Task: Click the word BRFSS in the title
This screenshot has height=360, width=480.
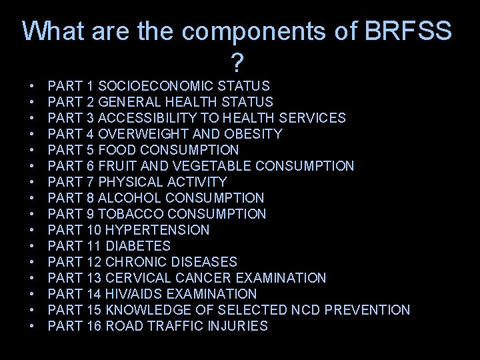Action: pyautogui.click(x=407, y=31)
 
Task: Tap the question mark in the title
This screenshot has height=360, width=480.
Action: pyautogui.click(x=237, y=64)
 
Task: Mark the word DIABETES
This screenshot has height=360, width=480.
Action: pyautogui.click(x=138, y=246)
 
